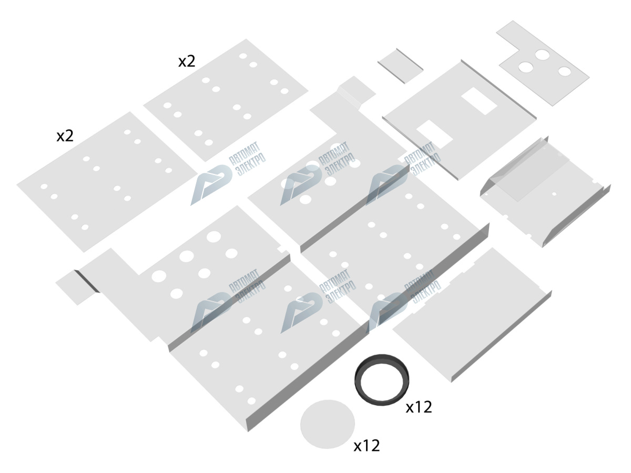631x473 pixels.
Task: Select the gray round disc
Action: point(327,424)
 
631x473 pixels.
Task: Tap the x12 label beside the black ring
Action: point(419,407)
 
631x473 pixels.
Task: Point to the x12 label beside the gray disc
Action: point(367,446)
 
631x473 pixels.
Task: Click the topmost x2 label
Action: point(187,61)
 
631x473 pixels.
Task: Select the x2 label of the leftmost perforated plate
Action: point(65,137)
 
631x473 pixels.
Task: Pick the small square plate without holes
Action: point(400,66)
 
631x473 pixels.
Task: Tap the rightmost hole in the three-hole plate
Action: point(564,71)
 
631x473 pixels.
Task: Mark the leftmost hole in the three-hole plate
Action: point(525,67)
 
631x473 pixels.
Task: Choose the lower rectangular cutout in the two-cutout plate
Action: point(434,133)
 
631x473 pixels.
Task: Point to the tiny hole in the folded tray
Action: point(554,194)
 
